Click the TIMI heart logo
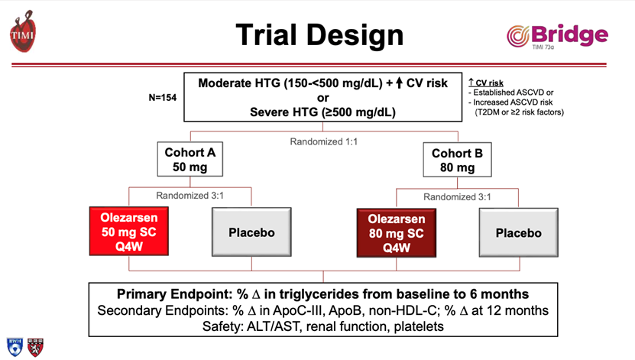coord(23,31)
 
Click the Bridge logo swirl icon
coord(518,36)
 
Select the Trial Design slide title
coord(319,35)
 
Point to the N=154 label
coord(163,98)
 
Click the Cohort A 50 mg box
coord(190,159)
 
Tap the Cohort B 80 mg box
coord(457,160)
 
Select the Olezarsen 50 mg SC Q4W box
coord(129,232)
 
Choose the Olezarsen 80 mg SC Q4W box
coord(397,233)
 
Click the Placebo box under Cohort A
coord(251,232)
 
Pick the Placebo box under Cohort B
coord(518,233)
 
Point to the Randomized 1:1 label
coord(323,141)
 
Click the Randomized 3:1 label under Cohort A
coord(190,196)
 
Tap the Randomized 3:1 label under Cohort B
coord(457,197)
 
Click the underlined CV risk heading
coord(486,83)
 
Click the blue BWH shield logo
coord(15,347)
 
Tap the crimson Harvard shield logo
coord(35,348)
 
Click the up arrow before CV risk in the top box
coord(400,83)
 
